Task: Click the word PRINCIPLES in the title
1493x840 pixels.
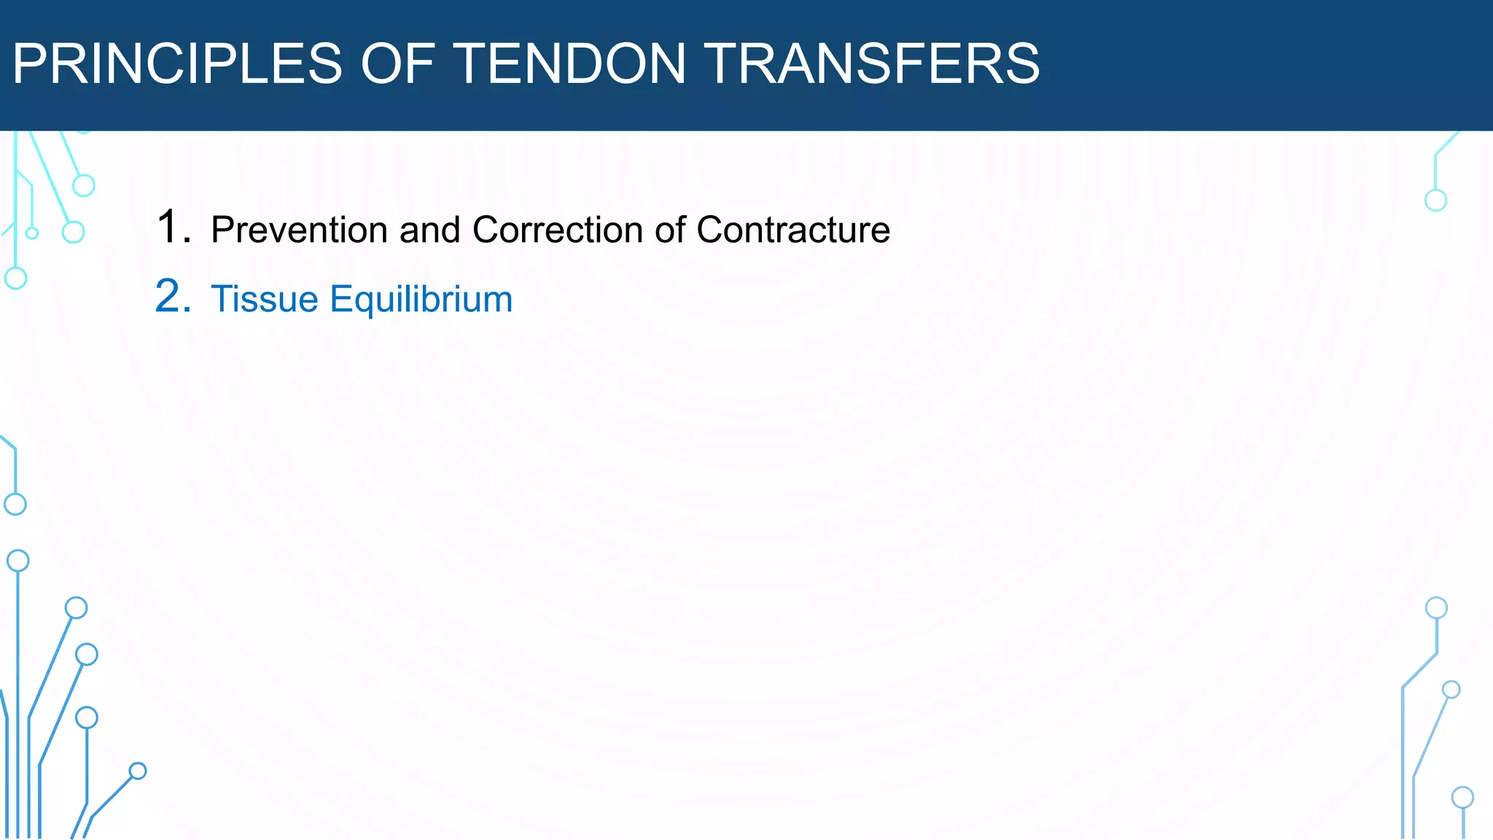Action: (177, 63)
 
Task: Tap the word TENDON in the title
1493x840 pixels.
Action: (571, 63)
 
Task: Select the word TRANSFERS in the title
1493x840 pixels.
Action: (873, 63)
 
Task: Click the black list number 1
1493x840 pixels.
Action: (173, 227)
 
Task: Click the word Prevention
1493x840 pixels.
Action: (299, 230)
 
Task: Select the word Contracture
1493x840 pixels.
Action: (793, 230)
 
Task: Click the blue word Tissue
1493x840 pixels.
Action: (265, 299)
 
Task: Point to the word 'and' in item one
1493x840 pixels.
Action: (430, 230)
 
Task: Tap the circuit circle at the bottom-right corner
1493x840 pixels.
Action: (1462, 798)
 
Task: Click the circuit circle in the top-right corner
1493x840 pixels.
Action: (1435, 200)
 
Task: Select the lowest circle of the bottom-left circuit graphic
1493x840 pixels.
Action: (138, 771)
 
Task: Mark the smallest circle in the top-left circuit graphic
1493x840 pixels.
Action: (32, 233)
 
